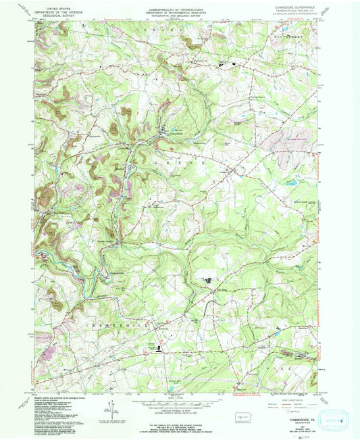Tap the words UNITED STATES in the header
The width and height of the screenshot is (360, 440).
(x=52, y=5)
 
